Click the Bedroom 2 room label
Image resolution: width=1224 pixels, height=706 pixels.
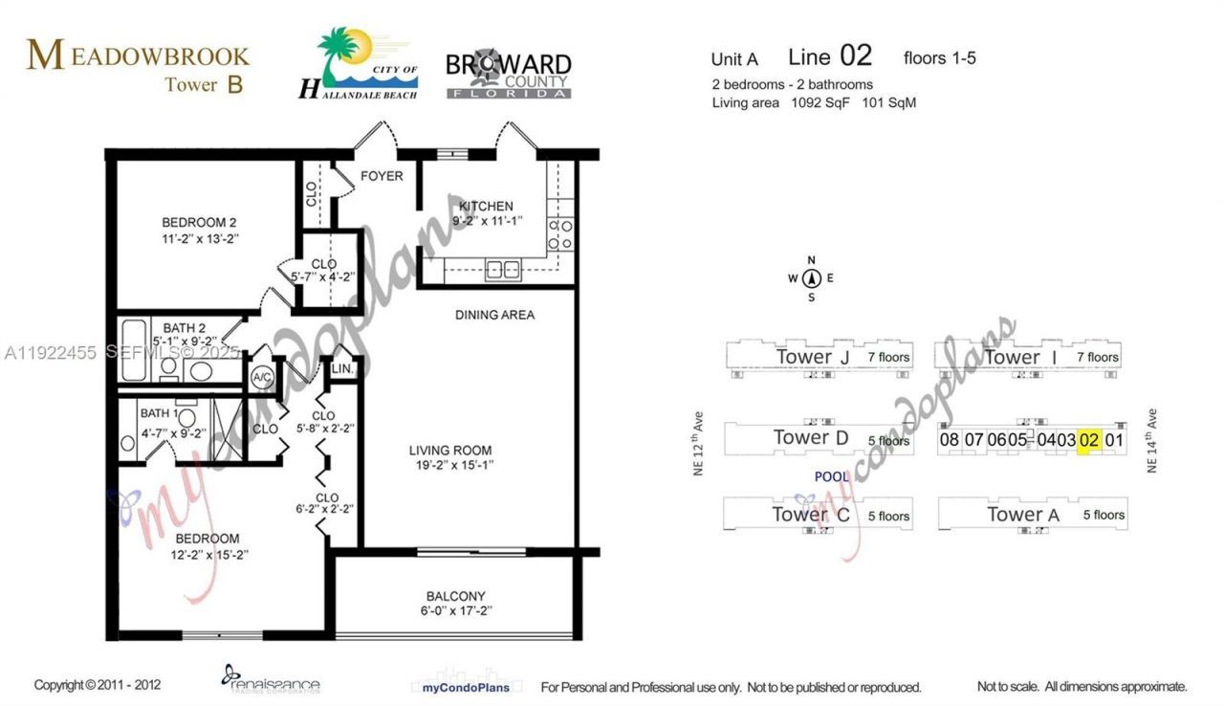(199, 223)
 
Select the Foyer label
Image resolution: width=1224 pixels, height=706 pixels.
(381, 176)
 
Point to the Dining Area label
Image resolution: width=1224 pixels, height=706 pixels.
(494, 315)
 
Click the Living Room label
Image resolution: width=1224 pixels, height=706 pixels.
(450, 451)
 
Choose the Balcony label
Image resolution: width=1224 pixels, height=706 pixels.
(455, 595)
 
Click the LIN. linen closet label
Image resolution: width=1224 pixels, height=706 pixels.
(343, 369)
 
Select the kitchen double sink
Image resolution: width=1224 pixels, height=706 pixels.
(503, 271)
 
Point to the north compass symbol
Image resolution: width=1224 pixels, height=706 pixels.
(812, 278)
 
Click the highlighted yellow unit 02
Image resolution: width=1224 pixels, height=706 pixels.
(1089, 440)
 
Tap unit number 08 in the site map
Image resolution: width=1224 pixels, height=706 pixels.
(949, 440)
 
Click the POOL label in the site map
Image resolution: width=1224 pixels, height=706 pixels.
(831, 476)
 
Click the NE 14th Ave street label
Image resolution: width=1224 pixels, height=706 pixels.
(1152, 441)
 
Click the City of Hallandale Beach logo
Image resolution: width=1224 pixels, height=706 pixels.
(359, 65)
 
